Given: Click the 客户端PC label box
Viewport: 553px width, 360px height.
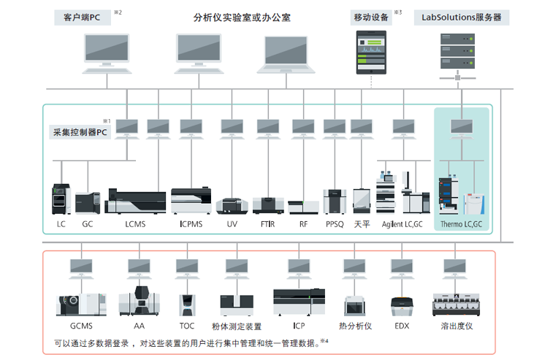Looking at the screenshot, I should pyautogui.click(x=80, y=17).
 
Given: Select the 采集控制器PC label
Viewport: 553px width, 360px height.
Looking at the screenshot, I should pyautogui.click(x=80, y=132).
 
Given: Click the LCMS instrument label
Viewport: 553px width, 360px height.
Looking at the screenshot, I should pyautogui.click(x=135, y=224).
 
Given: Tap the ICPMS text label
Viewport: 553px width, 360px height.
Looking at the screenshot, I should pyautogui.click(x=191, y=224).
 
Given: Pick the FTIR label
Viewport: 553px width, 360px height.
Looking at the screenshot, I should pyautogui.click(x=268, y=224).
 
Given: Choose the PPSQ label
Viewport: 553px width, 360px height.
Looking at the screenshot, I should pyautogui.click(x=335, y=224).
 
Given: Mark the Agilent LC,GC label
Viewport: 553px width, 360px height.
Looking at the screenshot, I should pyautogui.click(x=403, y=224).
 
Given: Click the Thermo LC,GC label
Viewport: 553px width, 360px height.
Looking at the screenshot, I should pyautogui.click(x=462, y=224).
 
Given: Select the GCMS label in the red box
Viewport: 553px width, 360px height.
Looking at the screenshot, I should pyautogui.click(x=82, y=326).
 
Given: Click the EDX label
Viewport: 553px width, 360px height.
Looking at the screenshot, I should pyautogui.click(x=402, y=326).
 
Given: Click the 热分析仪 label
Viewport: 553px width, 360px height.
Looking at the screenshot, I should pyautogui.click(x=356, y=326).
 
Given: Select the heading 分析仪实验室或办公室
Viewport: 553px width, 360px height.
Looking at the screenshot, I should pyautogui.click(x=242, y=17).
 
